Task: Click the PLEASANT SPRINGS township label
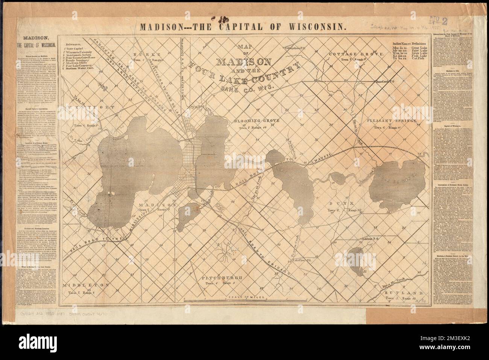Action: point(393,122)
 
